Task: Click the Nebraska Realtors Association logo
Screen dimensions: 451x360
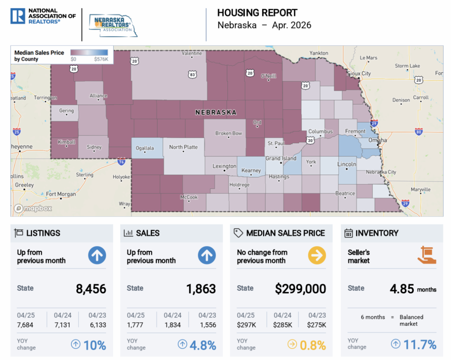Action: (x=113, y=26)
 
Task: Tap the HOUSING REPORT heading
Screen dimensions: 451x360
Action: (x=257, y=13)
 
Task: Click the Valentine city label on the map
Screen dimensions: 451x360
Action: (x=192, y=53)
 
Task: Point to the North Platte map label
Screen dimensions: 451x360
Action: (x=183, y=147)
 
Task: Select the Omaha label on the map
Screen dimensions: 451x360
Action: (x=377, y=140)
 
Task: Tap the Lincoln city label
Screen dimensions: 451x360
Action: (x=347, y=164)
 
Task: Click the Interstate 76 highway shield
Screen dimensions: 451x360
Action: (x=121, y=161)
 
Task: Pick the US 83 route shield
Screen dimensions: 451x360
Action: (x=192, y=75)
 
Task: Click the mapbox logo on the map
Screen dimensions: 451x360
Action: (x=33, y=208)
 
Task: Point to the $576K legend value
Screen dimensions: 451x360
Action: (x=101, y=59)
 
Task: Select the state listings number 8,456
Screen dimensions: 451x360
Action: (x=91, y=289)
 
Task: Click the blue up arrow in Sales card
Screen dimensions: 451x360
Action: (x=207, y=255)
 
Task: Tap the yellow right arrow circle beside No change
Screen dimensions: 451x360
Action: (x=317, y=255)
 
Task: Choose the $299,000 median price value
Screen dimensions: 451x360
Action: (x=301, y=289)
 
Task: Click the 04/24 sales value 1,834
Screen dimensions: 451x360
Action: (x=173, y=325)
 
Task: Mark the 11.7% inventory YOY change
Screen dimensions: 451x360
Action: (x=420, y=345)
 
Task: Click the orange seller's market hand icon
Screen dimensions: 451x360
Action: (x=427, y=255)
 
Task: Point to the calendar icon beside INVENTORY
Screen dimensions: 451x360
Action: (x=348, y=233)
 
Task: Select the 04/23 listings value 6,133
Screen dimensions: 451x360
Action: (x=98, y=325)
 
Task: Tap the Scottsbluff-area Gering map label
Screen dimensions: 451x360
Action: (x=67, y=110)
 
